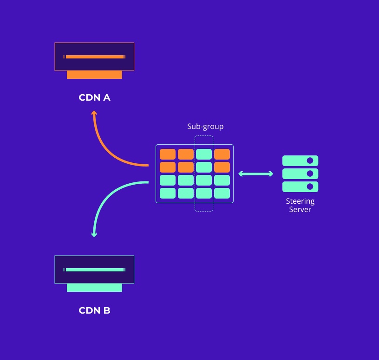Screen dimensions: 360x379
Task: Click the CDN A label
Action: pos(94,98)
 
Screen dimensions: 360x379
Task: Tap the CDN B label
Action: pos(94,310)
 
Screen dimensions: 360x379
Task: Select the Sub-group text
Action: pos(205,126)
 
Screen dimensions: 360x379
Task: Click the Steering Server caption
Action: pos(300,205)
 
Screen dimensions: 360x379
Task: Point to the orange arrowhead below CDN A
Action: pos(94,113)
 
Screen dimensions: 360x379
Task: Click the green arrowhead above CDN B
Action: pos(94,234)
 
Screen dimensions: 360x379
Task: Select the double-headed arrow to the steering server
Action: pos(255,174)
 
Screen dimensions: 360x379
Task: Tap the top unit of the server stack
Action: pos(300,161)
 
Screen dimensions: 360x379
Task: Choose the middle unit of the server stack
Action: pos(300,174)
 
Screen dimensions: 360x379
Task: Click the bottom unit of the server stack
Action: pos(300,186)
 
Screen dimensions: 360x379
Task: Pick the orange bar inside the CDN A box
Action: pos(95,57)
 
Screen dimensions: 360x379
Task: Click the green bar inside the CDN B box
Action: pos(95,270)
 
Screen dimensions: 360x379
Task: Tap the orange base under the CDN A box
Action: pos(94,75)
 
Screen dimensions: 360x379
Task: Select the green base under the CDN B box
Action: pos(94,288)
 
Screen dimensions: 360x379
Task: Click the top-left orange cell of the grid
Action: pos(168,154)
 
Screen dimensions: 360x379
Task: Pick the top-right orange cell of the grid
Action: pos(222,154)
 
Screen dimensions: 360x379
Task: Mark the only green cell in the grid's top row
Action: pos(204,154)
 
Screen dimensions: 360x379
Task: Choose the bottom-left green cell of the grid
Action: pos(168,193)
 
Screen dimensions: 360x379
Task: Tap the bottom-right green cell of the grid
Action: pos(222,193)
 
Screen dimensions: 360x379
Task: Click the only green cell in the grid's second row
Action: pos(204,167)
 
